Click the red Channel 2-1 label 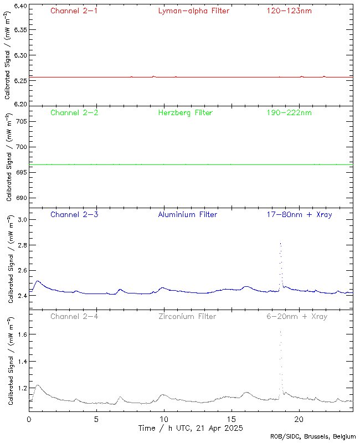(x=74, y=11)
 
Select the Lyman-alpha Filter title (x=193, y=11)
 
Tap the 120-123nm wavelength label (x=289, y=11)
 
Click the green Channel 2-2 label (x=74, y=113)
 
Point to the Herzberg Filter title (x=185, y=113)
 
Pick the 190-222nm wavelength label (x=289, y=113)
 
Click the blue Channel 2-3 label (x=74, y=215)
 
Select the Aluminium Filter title (x=187, y=215)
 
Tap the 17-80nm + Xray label (x=296, y=215)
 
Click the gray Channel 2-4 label (x=74, y=317)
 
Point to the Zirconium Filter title (x=187, y=317)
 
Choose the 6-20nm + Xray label (x=296, y=317)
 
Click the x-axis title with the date (x=191, y=428)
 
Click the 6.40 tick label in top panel (x=20, y=7)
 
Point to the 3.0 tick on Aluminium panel (x=22, y=220)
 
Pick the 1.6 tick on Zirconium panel (x=22, y=334)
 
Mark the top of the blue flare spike (x=281, y=243)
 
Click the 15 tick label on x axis (x=232, y=419)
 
